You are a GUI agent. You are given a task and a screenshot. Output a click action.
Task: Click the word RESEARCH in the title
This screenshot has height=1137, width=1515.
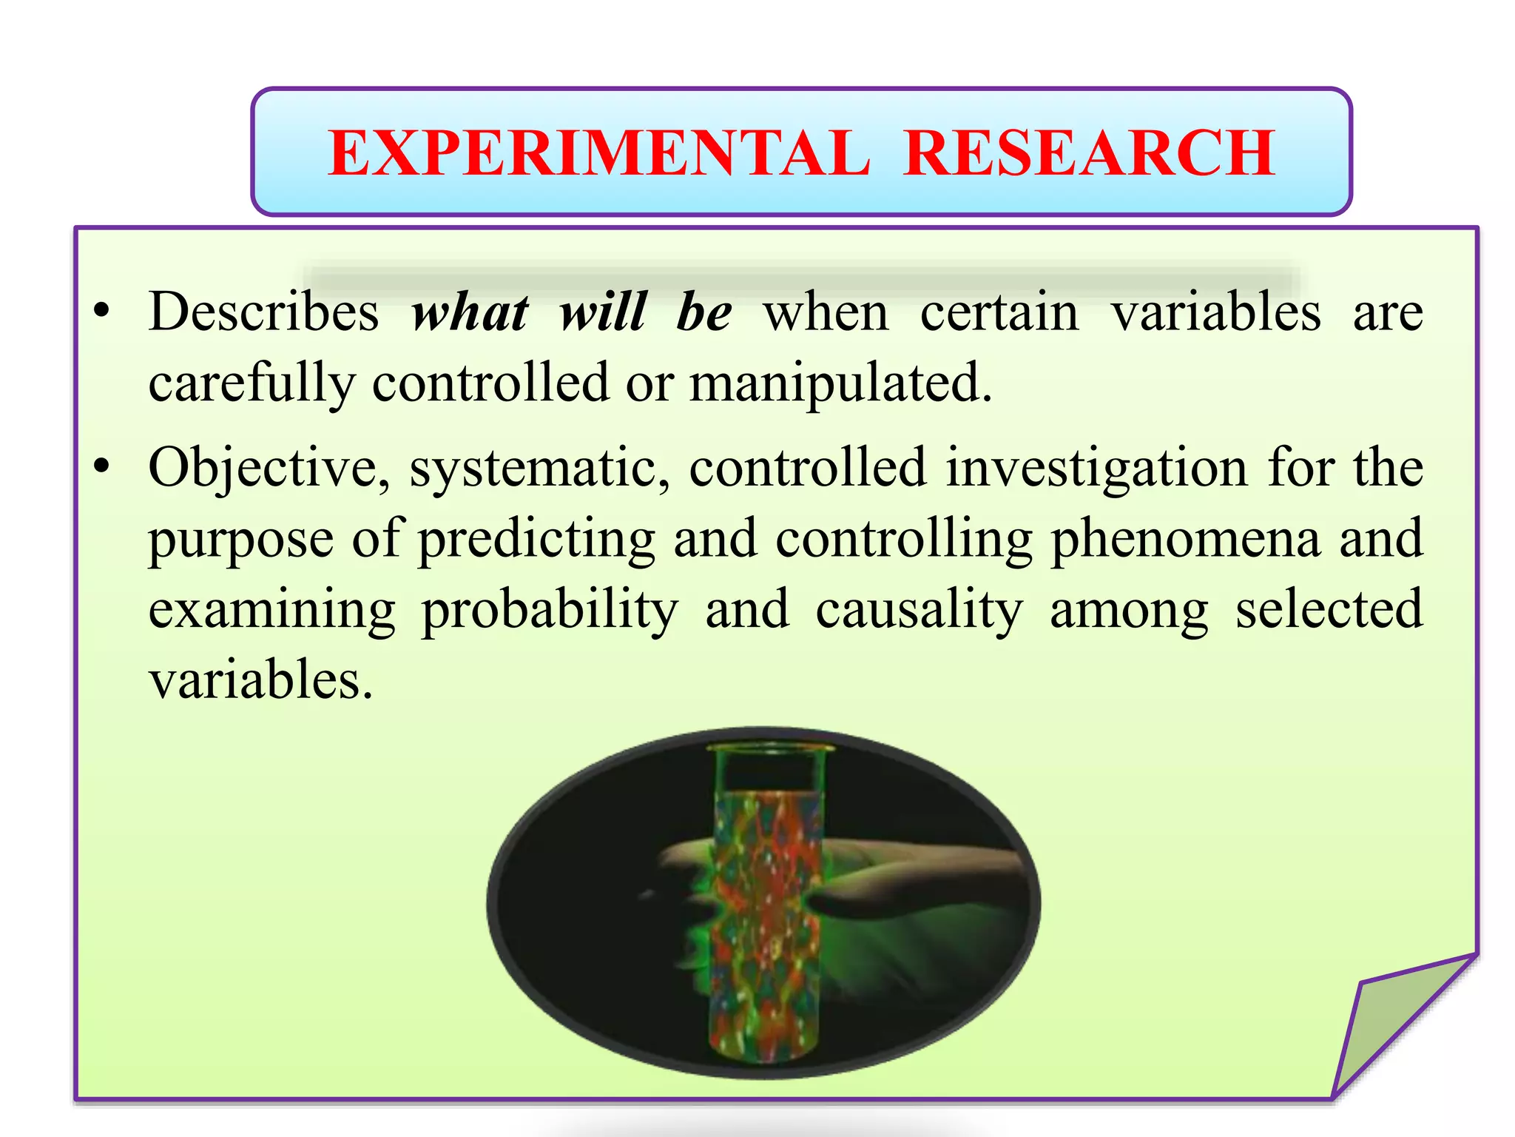click(x=1089, y=153)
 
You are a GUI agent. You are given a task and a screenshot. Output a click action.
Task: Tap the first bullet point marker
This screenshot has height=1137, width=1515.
click(x=102, y=311)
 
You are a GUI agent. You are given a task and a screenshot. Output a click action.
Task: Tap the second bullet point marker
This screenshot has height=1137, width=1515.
click(x=102, y=467)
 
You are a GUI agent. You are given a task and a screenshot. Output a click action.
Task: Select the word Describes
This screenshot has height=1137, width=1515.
click(x=263, y=312)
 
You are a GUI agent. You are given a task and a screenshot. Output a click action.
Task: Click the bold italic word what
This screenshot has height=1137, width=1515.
click(x=470, y=312)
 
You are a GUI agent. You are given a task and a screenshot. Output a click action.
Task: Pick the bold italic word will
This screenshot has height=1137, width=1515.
click(x=603, y=312)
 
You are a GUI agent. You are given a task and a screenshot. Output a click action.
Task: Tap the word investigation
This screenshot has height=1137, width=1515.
click(x=1097, y=469)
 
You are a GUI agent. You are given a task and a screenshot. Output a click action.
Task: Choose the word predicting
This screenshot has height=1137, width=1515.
click(x=536, y=540)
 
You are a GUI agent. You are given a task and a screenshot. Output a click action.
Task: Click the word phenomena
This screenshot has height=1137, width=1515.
click(x=1185, y=540)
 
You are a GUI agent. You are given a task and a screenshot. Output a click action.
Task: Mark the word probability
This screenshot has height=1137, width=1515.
click(x=550, y=610)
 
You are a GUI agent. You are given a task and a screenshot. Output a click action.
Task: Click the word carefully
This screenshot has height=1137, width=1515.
click(x=252, y=383)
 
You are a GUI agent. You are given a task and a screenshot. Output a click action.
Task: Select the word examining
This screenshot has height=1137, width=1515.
click(x=272, y=610)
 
